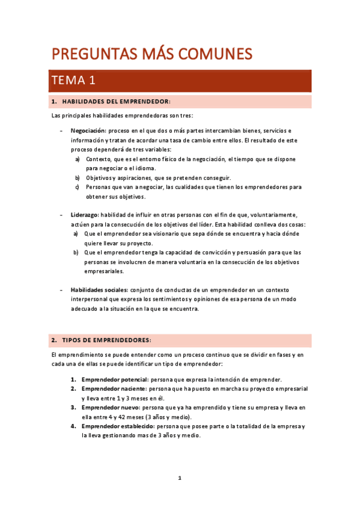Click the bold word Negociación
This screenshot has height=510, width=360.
(x=88, y=131)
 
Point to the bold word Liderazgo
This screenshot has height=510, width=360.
(x=84, y=215)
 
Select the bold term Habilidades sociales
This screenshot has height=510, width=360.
(x=99, y=290)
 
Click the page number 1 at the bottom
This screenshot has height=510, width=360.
(x=180, y=478)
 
